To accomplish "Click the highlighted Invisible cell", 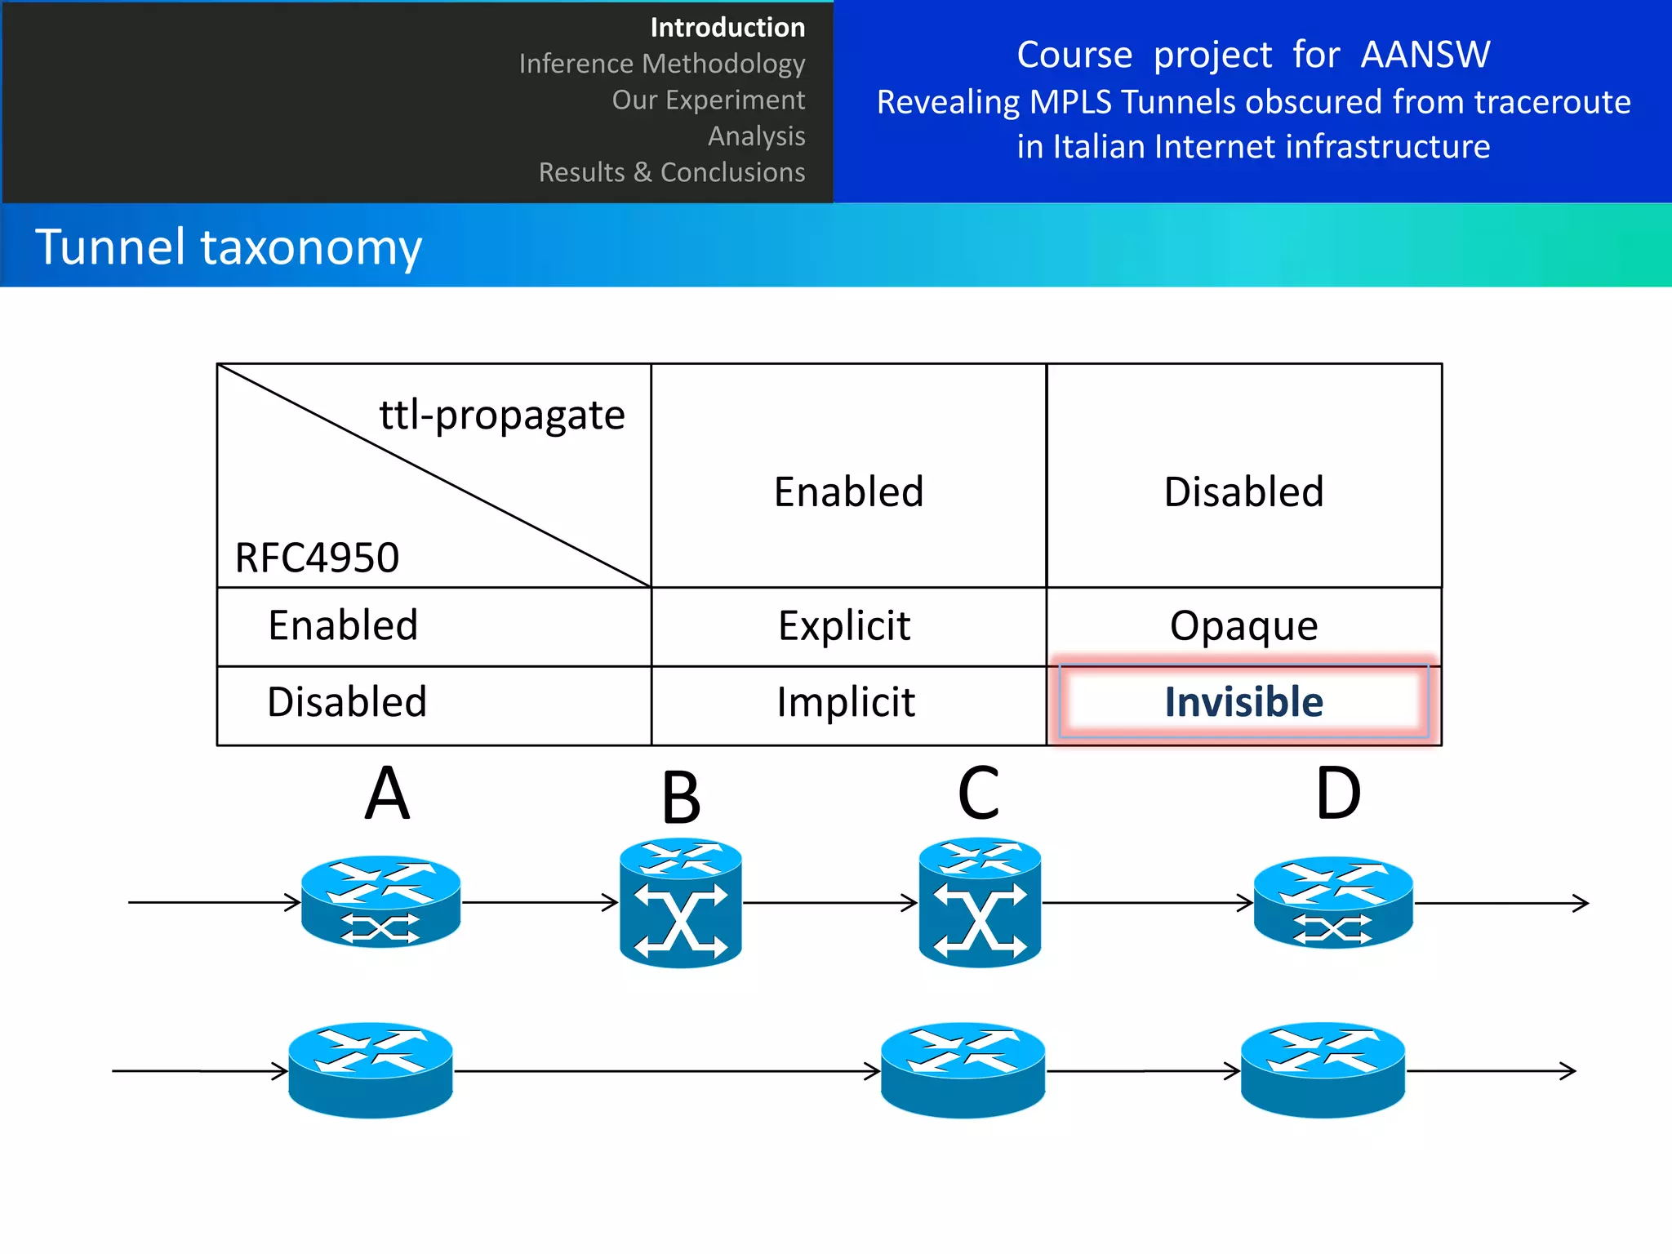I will [x=1243, y=702].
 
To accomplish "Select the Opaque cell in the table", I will [x=1243, y=626].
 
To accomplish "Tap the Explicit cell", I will [x=844, y=626].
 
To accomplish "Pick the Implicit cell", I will [x=846, y=702].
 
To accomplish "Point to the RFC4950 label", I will [x=317, y=558].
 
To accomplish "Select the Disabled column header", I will [x=1243, y=491].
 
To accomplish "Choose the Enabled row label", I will [x=343, y=626].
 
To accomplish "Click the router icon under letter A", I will [x=380, y=901].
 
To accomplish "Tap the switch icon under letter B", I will [x=680, y=903].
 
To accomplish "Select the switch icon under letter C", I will [x=980, y=903].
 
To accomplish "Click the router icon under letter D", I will [x=1333, y=902].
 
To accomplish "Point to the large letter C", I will [x=978, y=794].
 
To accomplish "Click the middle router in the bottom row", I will [x=963, y=1070].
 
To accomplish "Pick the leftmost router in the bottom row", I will [x=371, y=1070].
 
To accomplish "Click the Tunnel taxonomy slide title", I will [x=229, y=247].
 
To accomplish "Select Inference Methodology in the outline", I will [x=661, y=64].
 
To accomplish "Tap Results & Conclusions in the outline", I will [x=671, y=172].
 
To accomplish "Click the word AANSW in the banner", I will [x=1425, y=55].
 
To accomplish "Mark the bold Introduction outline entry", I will [x=727, y=28].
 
